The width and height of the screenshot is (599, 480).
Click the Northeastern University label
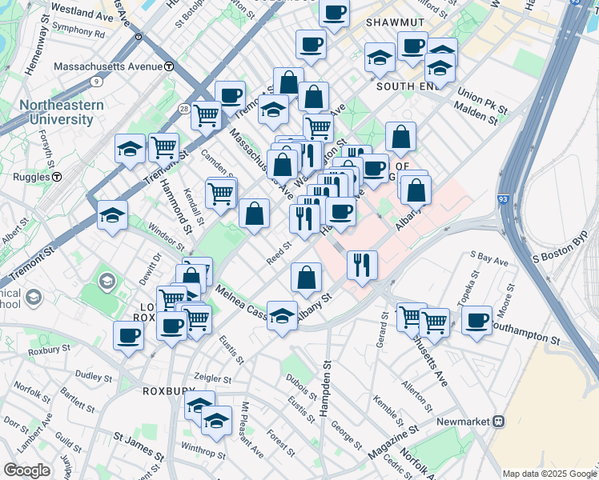point(62,112)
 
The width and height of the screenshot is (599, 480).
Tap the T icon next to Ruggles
point(57,176)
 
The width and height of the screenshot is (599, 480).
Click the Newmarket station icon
point(499,421)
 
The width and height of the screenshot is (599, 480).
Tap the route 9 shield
point(96,81)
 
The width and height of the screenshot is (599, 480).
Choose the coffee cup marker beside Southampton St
point(477,320)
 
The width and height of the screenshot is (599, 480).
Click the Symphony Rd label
point(78,35)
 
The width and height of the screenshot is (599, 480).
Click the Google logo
point(26,470)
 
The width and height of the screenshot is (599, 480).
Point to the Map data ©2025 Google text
point(549,474)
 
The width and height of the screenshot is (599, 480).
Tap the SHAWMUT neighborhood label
point(392,25)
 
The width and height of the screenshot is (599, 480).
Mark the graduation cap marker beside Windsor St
point(113,214)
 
